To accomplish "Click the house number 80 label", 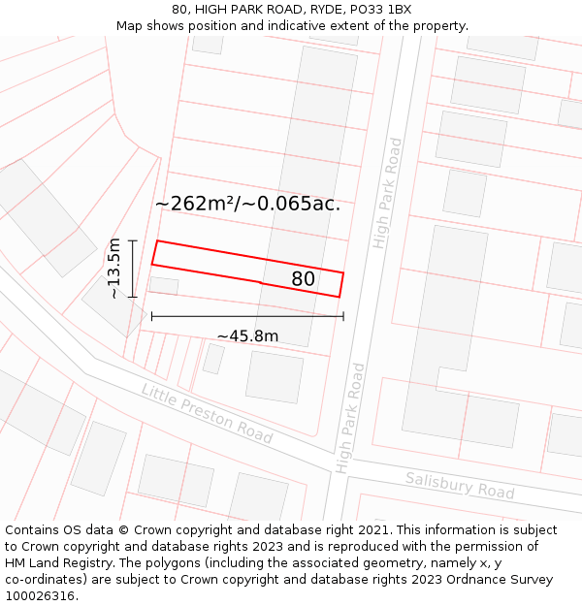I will click(x=304, y=279).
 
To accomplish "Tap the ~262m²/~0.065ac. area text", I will click(x=247, y=204).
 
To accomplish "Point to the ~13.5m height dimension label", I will click(x=114, y=268).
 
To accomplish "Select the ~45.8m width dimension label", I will click(x=247, y=336).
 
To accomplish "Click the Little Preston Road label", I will click(x=207, y=413).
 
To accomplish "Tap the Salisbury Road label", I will click(x=460, y=485).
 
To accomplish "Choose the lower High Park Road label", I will click(x=350, y=418).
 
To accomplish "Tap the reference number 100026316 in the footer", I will click(x=40, y=596).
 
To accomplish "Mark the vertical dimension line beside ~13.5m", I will click(x=133, y=268).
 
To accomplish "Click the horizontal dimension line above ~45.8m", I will click(x=247, y=316).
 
